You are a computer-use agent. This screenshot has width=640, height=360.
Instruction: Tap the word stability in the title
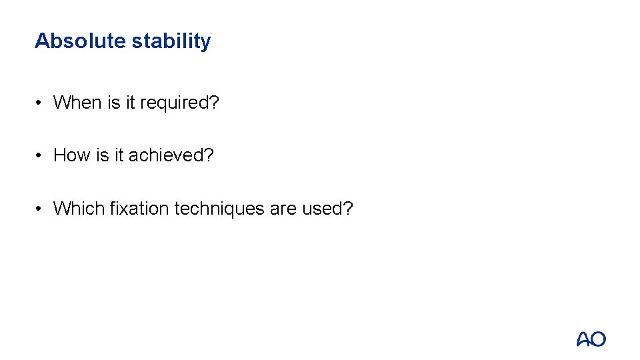coord(171,41)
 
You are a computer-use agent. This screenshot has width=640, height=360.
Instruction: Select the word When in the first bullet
coord(77,103)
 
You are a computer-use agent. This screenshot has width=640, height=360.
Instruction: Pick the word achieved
coord(171,155)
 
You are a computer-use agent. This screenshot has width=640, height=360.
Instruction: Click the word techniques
coord(219,209)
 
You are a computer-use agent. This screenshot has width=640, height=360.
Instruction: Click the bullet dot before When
coord(41,103)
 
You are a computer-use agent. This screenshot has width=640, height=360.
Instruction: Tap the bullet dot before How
coord(41,155)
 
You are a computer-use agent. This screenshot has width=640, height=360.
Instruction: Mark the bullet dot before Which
coord(41,209)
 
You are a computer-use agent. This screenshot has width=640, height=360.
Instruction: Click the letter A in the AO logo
coord(584,339)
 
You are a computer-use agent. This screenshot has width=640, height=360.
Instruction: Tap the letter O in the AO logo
coord(598,339)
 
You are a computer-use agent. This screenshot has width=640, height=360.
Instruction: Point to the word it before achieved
coord(119,155)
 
